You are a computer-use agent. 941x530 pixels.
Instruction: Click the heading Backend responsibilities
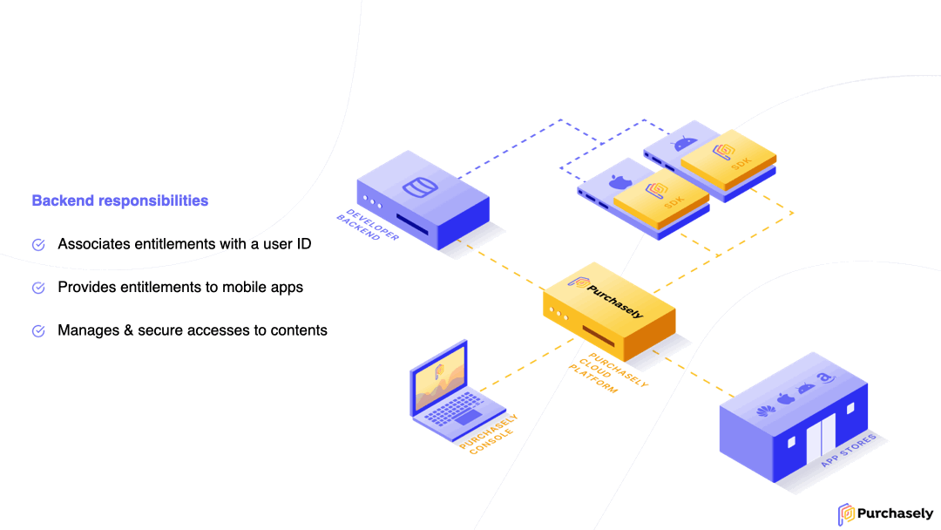[120, 200]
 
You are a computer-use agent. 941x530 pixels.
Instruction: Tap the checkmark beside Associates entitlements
[38, 244]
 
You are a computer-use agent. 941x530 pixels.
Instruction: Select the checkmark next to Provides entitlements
[38, 288]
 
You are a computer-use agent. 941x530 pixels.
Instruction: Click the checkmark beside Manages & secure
[38, 330]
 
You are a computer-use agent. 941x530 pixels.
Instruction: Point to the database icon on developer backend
[420, 187]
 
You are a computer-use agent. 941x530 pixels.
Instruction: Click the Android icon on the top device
[685, 144]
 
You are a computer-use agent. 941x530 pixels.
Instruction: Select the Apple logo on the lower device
[620, 181]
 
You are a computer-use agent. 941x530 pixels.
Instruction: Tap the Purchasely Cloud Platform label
[608, 373]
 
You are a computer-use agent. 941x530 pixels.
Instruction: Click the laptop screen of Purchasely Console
[438, 378]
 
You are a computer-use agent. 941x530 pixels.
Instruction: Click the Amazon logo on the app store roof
[826, 377]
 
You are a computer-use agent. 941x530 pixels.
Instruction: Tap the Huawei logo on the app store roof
[765, 411]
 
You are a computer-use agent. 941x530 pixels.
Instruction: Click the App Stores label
[849, 450]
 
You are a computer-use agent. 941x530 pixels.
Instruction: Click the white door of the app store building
[821, 437]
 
